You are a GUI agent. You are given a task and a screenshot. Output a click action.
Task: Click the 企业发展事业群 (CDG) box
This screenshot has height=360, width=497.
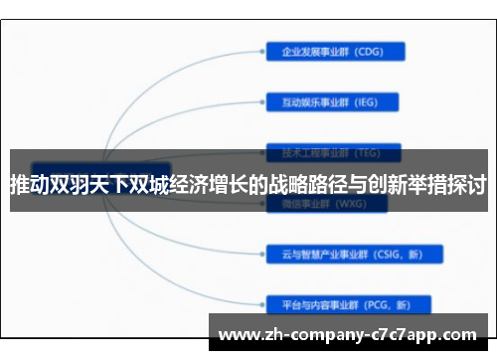coord(332,52)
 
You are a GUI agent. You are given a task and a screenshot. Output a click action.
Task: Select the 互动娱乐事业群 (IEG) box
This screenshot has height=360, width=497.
coord(332,101)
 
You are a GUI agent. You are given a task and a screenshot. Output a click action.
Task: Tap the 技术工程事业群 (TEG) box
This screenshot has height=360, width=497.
coord(332,153)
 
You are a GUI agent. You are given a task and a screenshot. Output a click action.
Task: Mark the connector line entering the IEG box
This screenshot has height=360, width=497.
coord(248,101)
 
